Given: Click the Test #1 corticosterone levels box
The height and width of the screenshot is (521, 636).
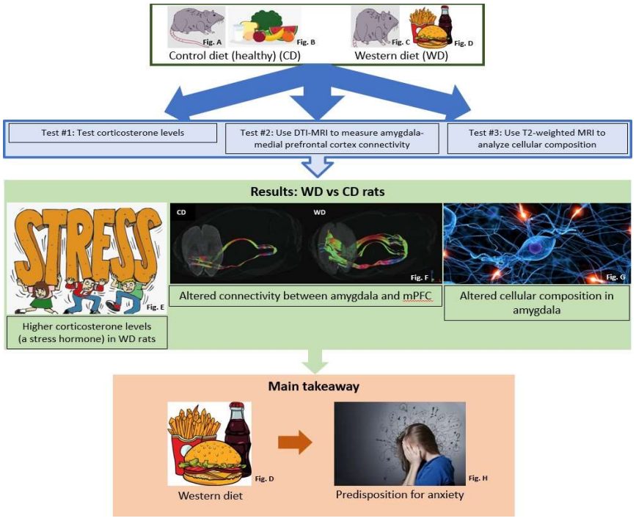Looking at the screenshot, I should [x=113, y=133].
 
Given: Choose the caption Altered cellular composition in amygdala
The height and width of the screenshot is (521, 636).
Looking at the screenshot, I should [x=536, y=302].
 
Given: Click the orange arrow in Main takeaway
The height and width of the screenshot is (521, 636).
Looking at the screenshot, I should [x=295, y=443].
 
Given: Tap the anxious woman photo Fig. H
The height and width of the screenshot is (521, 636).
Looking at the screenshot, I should [x=400, y=442].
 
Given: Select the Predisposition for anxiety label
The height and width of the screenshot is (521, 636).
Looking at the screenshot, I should [x=400, y=495].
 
